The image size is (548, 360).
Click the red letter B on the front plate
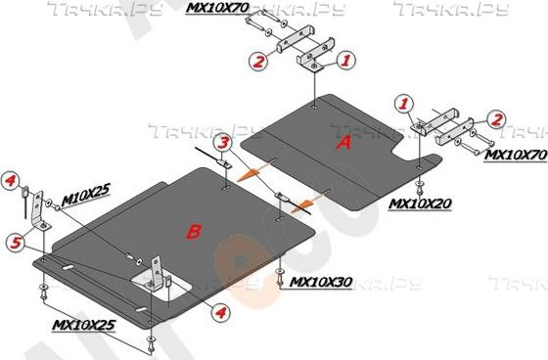194,231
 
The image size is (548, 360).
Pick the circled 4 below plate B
220,313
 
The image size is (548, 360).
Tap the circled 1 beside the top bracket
343,61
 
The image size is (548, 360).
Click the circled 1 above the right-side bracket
405,101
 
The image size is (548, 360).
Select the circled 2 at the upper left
258,62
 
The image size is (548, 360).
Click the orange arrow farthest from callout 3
303,202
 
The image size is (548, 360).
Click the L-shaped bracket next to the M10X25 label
40,210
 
